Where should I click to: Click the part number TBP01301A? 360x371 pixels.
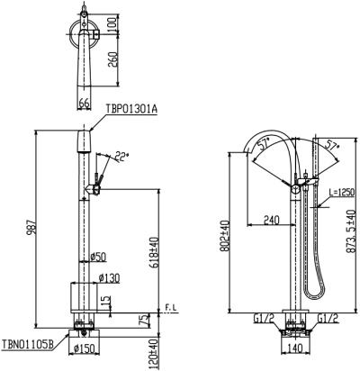click(x=131, y=109)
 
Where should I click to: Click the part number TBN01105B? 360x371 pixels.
click(x=28, y=344)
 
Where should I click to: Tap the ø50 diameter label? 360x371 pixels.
click(x=98, y=257)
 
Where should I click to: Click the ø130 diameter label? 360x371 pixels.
click(x=109, y=278)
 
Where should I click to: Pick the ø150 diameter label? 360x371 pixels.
click(x=84, y=348)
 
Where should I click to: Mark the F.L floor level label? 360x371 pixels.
click(x=171, y=308)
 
